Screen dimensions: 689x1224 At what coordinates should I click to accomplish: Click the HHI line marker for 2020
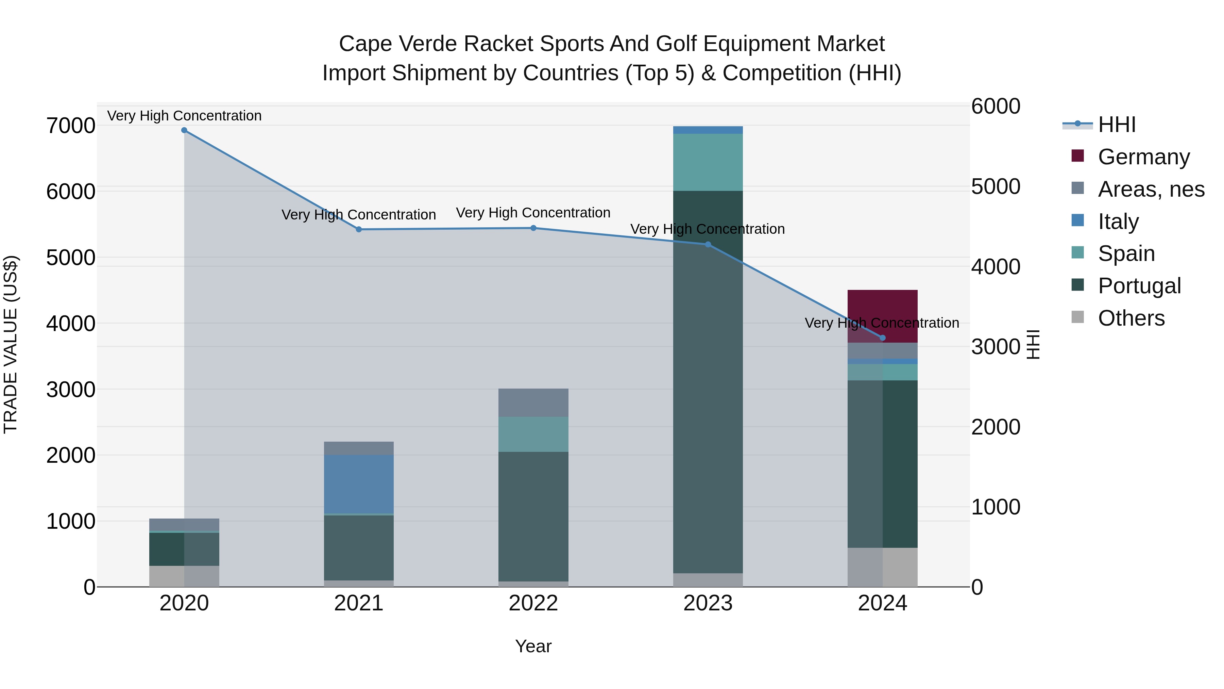184,130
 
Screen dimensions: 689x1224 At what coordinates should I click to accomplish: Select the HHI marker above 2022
533,228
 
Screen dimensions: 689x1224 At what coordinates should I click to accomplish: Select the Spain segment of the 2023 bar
708,162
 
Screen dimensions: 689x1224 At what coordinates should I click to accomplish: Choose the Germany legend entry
1143,157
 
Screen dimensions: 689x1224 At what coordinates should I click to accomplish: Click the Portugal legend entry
1139,286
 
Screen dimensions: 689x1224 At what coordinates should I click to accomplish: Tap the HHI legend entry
1117,125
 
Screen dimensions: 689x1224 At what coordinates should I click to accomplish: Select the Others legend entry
1131,318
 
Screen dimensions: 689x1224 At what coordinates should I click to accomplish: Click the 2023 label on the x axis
708,603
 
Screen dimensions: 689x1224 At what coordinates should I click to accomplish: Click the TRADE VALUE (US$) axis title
11,344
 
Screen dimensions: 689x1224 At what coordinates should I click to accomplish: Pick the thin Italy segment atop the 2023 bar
708,130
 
